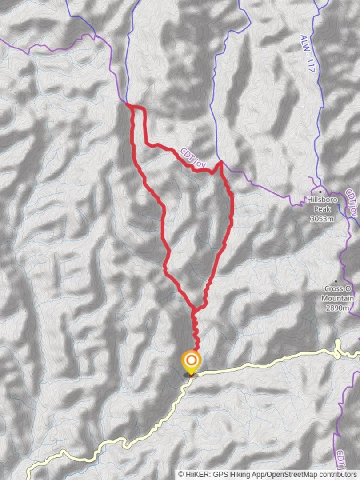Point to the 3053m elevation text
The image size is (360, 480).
pyautogui.click(x=322, y=219)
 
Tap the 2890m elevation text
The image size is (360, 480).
pyautogui.click(x=337, y=308)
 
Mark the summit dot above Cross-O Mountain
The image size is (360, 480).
pyautogui.click(x=336, y=281)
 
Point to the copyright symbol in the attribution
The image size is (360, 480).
pyautogui.click(x=181, y=474)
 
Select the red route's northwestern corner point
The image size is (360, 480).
pyautogui.click(x=128, y=105)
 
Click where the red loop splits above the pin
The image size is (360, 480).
pyautogui.click(x=193, y=308)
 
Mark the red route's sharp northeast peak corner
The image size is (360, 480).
pyautogui.click(x=220, y=163)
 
